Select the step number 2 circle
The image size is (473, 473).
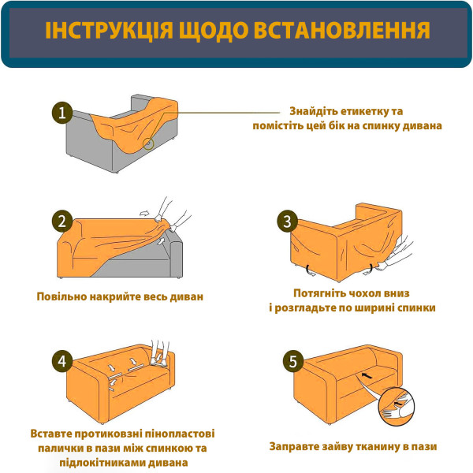click(x=61, y=222)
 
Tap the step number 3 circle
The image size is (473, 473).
click(x=288, y=222)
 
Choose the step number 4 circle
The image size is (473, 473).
click(x=61, y=362)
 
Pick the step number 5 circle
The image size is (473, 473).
click(x=293, y=362)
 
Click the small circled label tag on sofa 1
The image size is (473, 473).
click(x=148, y=143)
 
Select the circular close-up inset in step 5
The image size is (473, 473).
click(x=395, y=404)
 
